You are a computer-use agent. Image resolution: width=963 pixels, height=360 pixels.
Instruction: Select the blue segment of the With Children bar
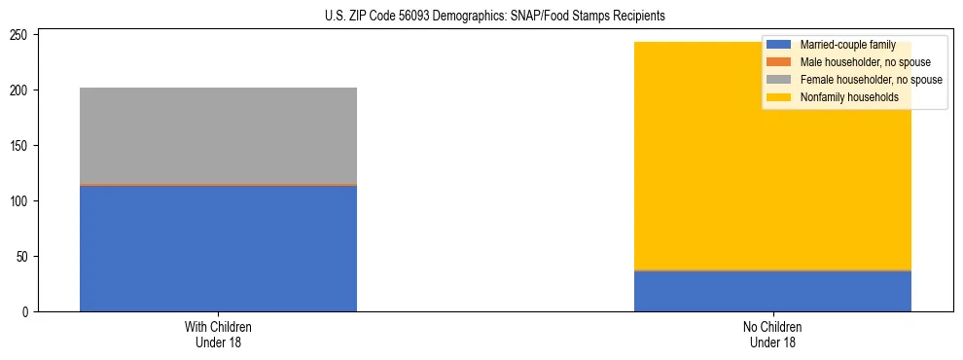218,248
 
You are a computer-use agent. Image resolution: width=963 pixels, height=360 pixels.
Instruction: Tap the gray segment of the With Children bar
218,135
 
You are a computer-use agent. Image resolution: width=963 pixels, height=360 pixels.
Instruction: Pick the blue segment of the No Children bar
772,291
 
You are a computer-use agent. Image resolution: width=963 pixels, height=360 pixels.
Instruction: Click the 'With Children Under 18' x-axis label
218,334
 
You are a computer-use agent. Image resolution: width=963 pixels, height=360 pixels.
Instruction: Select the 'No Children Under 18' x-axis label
772,334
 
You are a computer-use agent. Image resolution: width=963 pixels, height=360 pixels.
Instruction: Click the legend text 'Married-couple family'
847,45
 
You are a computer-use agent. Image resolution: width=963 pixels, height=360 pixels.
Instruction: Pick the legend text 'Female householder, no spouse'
871,80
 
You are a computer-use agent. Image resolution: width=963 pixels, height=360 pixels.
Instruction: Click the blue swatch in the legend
779,45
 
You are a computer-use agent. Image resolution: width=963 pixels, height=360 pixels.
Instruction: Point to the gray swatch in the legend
779,80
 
